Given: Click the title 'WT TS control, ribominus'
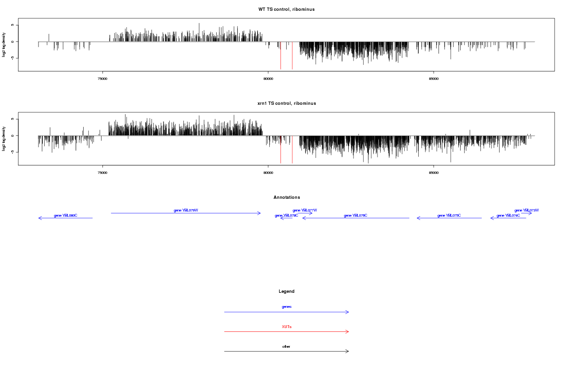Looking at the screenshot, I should click(286, 9).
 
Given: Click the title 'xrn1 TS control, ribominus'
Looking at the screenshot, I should click(286, 103).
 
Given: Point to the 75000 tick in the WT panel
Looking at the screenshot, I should click(102, 78).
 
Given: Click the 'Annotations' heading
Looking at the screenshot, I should click(286, 197).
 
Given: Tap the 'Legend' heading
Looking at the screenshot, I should click(286, 291).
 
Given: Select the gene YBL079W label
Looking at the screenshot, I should click(186, 210).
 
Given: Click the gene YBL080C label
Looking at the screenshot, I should click(65, 215).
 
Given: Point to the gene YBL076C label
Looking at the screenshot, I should click(355, 215).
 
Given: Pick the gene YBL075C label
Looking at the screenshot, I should click(449, 215).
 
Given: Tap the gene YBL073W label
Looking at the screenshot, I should click(526, 210).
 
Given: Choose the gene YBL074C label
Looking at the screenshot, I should click(508, 215).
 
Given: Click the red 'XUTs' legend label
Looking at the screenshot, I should click(286, 326).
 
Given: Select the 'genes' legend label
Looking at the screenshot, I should click(286, 306).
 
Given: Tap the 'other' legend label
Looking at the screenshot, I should click(286, 346).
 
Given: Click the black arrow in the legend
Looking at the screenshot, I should click(286, 351).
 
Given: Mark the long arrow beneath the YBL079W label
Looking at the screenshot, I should click(186, 213).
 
